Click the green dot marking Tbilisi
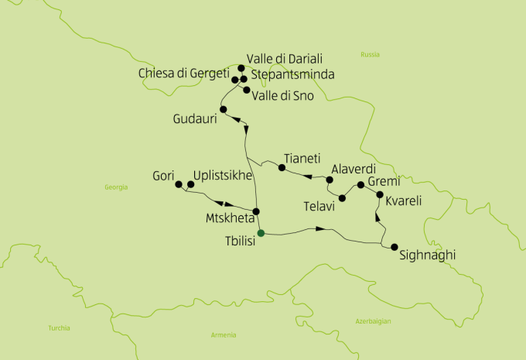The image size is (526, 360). pyautogui.click(x=261, y=232)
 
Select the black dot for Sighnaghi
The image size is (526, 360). pyautogui.click(x=394, y=248)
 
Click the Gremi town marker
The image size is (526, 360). pyautogui.click(x=360, y=185)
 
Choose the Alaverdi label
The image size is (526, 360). pyautogui.click(x=353, y=169)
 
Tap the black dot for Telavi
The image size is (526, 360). pyautogui.click(x=343, y=197)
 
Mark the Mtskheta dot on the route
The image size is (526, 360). pyautogui.click(x=256, y=211)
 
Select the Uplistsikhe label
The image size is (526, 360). pyautogui.click(x=223, y=176)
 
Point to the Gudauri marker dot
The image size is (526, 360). pyautogui.click(x=223, y=110)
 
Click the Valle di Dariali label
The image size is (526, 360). pyautogui.click(x=284, y=59)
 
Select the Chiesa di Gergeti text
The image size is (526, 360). pyautogui.click(x=184, y=74)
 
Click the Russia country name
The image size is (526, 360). pyautogui.click(x=370, y=54)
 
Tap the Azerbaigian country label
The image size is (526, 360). pyautogui.click(x=374, y=321)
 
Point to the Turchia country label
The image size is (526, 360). pyautogui.click(x=59, y=327)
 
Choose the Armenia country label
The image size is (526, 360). pyautogui.click(x=224, y=334)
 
